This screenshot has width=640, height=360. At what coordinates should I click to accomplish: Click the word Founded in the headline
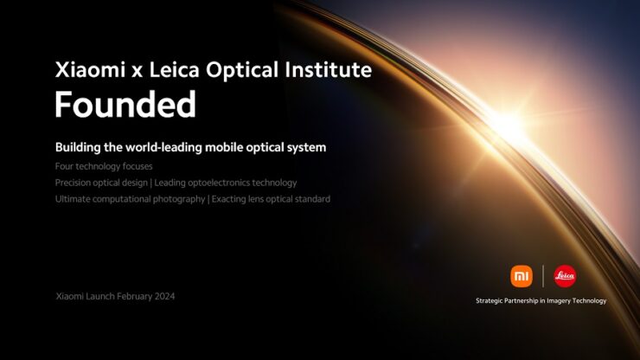pos(125,104)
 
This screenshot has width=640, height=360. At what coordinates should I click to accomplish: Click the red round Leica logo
pos(565,276)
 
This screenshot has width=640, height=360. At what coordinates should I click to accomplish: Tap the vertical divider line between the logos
pos(543,276)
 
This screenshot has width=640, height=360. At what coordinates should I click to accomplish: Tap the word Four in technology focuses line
pos(65,165)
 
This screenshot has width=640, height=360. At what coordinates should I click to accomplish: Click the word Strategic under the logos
pos(494,301)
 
